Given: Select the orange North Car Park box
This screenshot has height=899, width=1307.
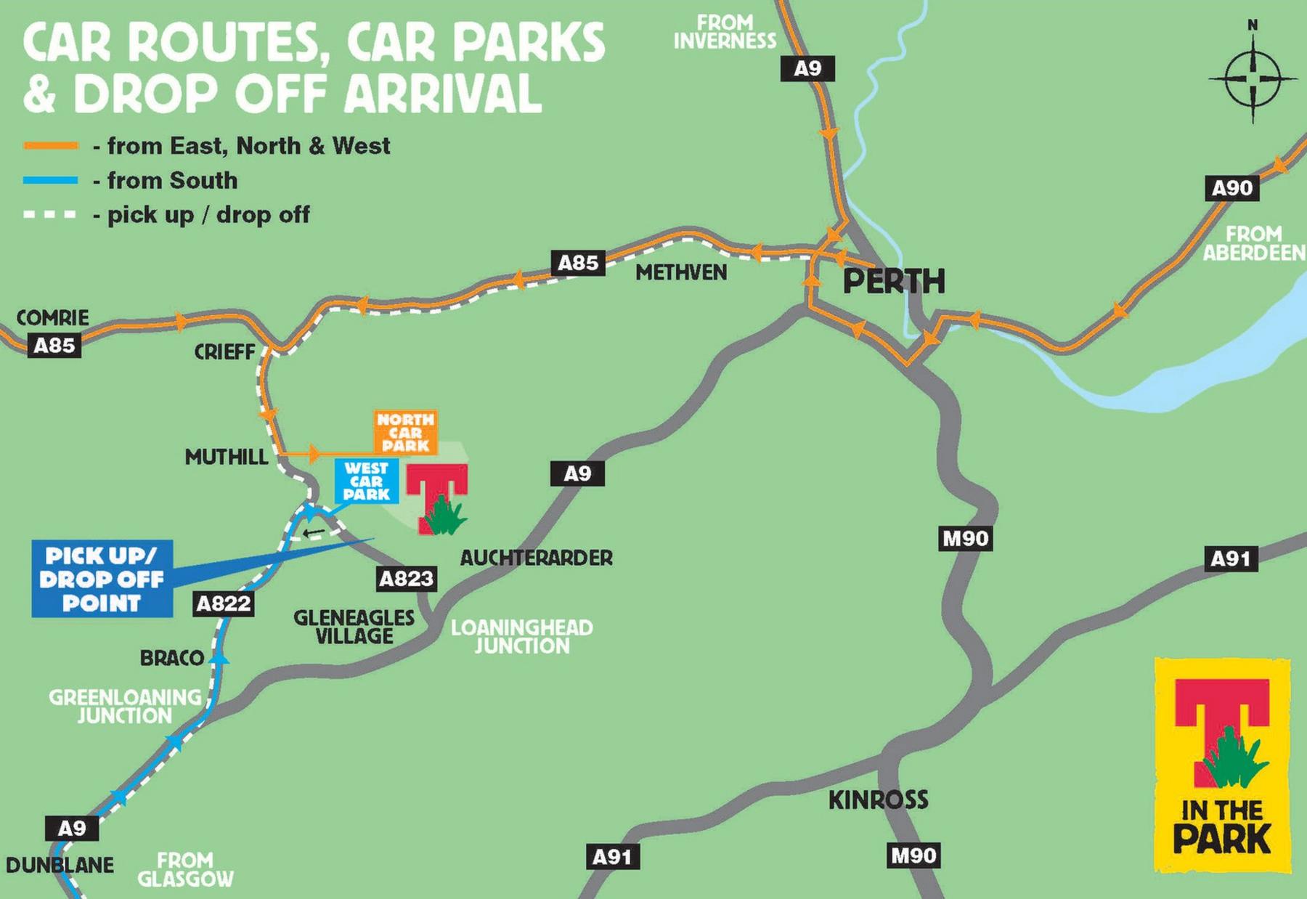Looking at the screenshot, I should [x=405, y=432].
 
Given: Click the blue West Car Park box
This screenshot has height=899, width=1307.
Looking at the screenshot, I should [x=366, y=481].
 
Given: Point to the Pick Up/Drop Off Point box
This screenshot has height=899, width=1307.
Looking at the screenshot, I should [x=102, y=579].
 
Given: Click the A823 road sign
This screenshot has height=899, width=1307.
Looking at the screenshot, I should [x=407, y=579].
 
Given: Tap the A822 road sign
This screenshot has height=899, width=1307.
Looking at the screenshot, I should [x=224, y=603].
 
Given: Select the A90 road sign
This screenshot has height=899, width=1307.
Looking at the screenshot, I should [x=1231, y=188].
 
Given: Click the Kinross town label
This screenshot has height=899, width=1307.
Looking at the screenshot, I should [x=878, y=800].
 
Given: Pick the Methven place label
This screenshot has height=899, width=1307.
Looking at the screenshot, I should [x=680, y=272].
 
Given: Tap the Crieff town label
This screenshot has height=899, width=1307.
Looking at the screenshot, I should [x=224, y=352].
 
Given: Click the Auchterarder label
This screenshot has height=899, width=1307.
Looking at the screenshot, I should [x=536, y=558].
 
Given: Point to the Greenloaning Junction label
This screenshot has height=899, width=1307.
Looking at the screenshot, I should [x=125, y=707].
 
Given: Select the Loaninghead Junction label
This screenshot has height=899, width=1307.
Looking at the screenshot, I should [x=521, y=637].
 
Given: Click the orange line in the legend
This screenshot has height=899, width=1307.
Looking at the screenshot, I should [x=50, y=146].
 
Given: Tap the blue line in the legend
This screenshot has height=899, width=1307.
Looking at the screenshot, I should [x=50, y=180].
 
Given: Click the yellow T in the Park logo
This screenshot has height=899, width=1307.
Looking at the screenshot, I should [x=1222, y=765].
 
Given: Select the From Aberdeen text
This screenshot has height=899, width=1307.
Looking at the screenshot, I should [x=1253, y=243].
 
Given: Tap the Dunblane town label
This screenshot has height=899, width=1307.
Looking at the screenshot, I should [x=60, y=865].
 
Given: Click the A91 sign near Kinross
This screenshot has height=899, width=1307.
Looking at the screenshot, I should [x=612, y=857].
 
